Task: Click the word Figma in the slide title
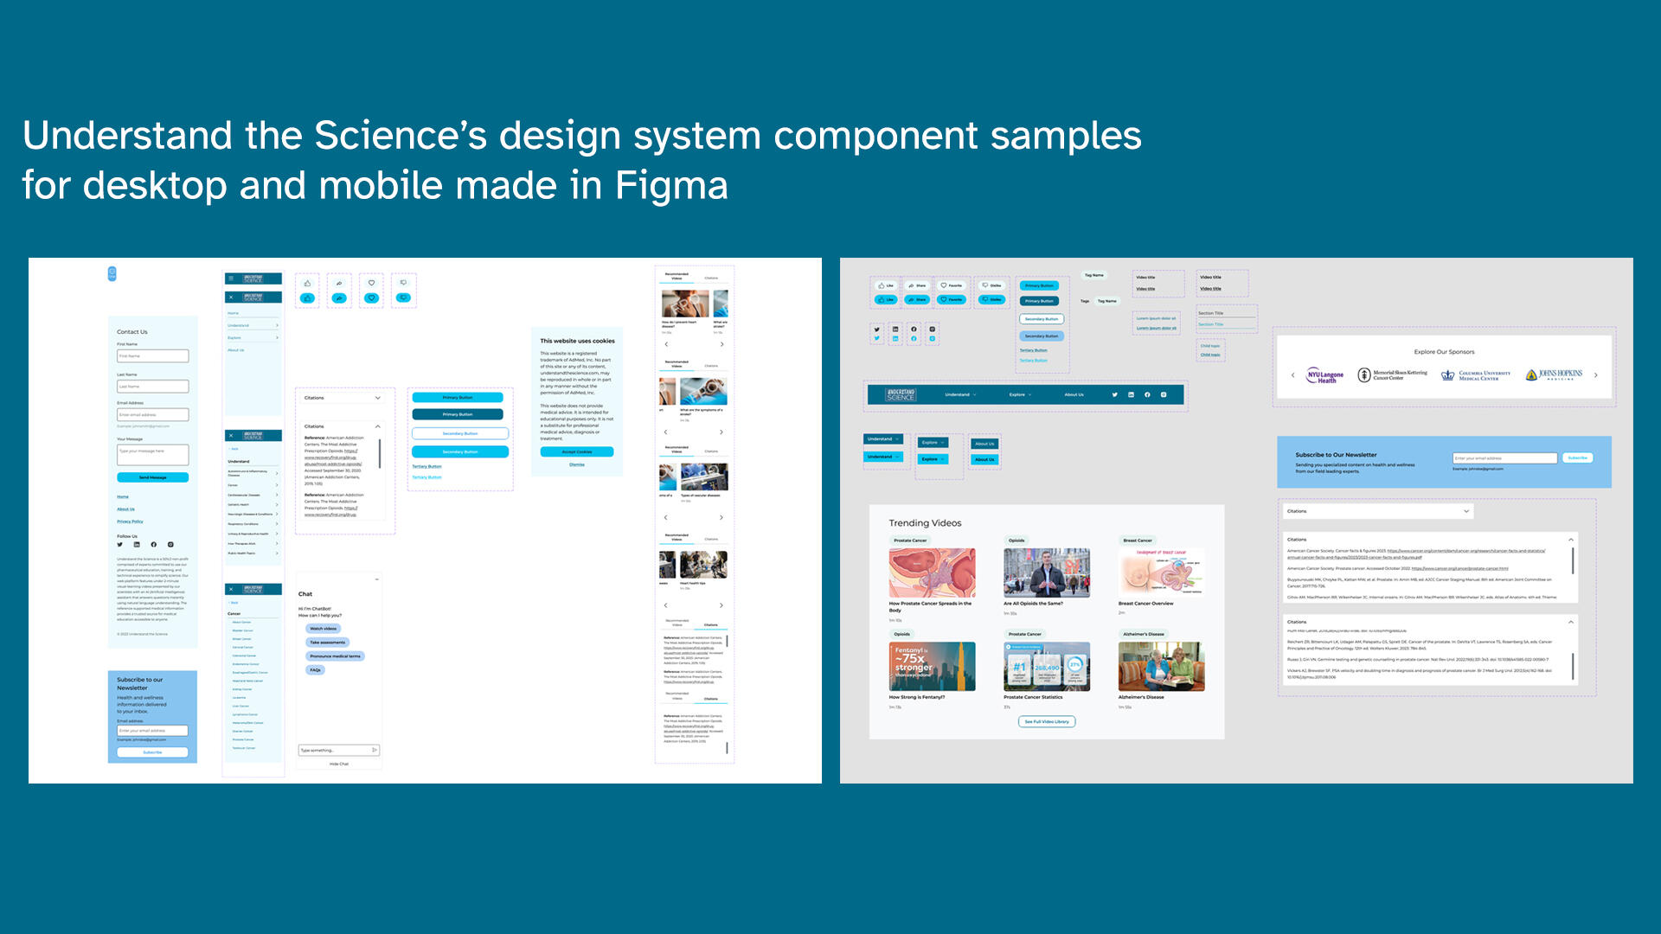tap(671, 186)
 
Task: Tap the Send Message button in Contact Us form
tap(153, 477)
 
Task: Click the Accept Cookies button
tap(577, 451)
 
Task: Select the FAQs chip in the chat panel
tap(316, 670)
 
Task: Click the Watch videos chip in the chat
tap(324, 629)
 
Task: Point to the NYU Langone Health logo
tap(1324, 375)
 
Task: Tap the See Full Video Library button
tap(1047, 721)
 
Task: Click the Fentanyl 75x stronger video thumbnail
tap(932, 666)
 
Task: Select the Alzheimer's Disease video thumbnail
tap(1161, 666)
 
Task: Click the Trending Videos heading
tap(925, 523)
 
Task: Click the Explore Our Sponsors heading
tap(1444, 352)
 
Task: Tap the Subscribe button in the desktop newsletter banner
tap(1578, 457)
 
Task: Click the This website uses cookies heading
tap(577, 341)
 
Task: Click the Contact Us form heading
tap(132, 332)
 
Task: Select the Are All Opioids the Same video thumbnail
tap(1047, 573)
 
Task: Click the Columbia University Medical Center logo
tap(1476, 375)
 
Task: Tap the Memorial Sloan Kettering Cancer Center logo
tap(1393, 375)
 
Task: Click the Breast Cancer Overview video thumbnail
tap(1161, 573)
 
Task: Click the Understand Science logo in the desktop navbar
tap(901, 395)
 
